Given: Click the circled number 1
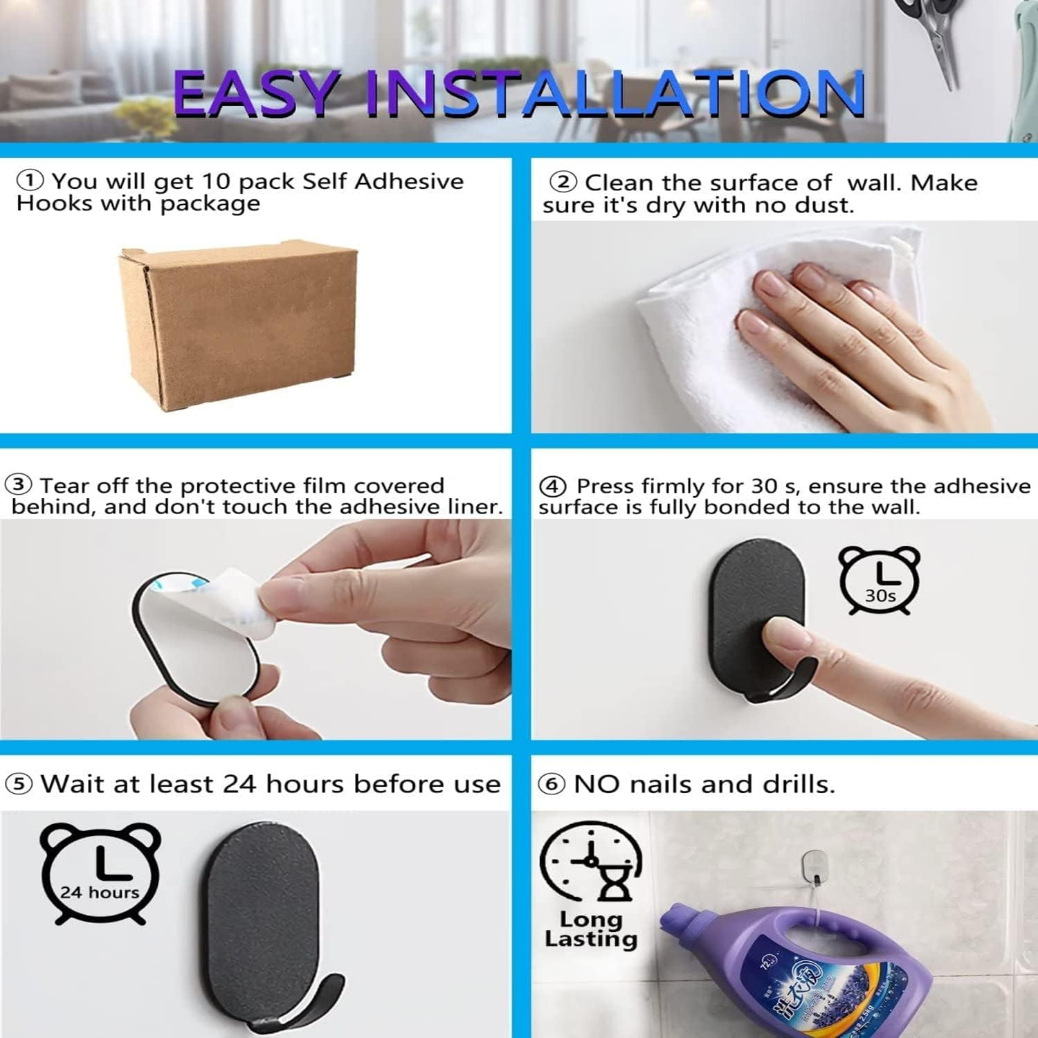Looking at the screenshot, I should [30, 181].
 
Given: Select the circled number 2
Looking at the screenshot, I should [563, 183].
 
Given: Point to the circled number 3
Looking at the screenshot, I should [19, 484].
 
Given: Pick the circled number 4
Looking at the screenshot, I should [552, 486].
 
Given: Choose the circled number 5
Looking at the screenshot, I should [19, 784].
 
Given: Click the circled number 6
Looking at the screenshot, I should [552, 785].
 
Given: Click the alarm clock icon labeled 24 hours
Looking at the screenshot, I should [100, 873].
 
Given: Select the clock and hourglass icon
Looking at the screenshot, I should [591, 862].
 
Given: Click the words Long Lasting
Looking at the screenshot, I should [591, 929].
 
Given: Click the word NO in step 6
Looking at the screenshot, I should [596, 784].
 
